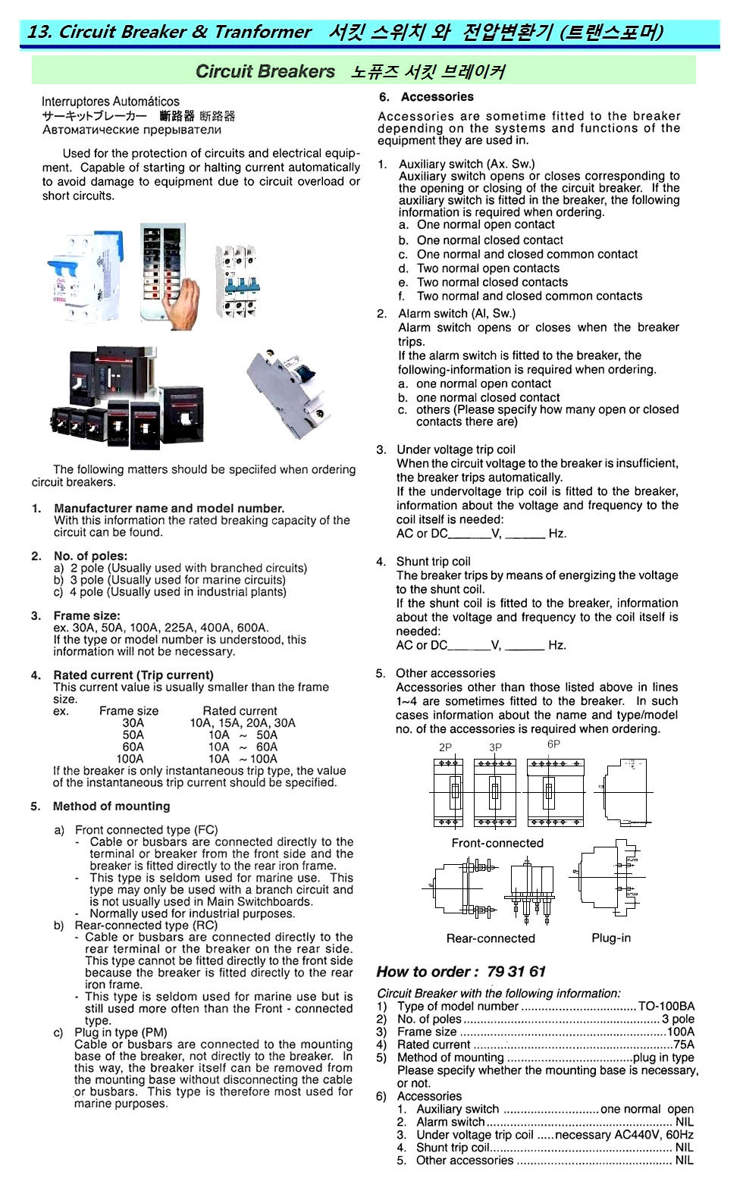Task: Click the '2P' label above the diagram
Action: [445, 747]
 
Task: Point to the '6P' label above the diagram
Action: [553, 744]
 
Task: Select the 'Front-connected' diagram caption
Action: [497, 843]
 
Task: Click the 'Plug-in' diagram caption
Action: [611, 938]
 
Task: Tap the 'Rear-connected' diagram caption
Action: [491, 938]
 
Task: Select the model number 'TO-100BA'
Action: [666, 1007]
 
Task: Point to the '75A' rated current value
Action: [683, 1045]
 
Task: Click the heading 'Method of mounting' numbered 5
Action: [111, 807]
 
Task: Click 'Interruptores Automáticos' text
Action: [111, 102]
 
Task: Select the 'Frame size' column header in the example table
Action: [129, 711]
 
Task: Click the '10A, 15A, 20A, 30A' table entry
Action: [242, 723]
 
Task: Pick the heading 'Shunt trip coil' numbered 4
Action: [433, 562]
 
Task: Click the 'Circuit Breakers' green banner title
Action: [265, 71]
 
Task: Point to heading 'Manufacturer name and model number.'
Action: [169, 509]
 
